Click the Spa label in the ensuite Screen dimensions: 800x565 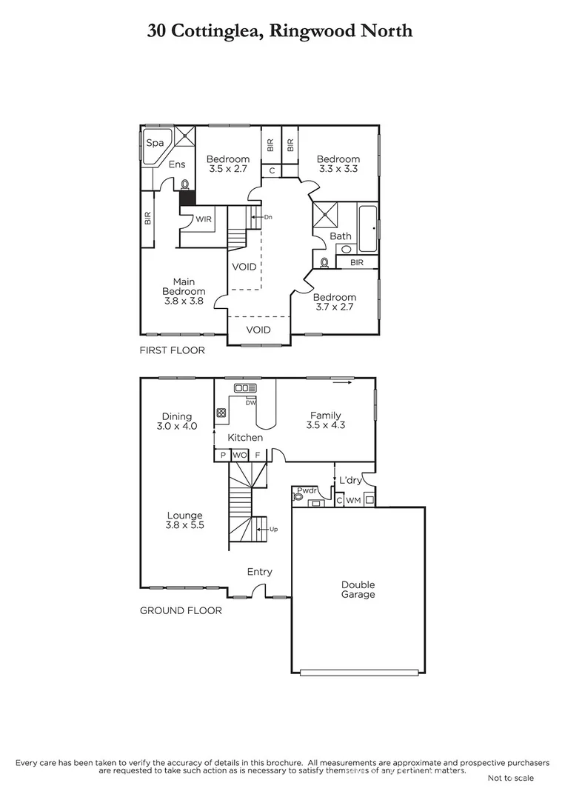tap(155, 143)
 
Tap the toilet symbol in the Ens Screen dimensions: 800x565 tap(184, 185)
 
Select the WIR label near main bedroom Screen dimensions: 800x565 tap(204, 219)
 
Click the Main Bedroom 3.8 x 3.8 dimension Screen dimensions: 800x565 tap(183, 301)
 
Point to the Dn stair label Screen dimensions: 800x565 tap(267, 217)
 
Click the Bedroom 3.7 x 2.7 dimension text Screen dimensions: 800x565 tap(335, 307)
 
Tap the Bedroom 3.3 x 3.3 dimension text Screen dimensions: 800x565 tap(338, 169)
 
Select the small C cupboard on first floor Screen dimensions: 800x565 tap(272, 171)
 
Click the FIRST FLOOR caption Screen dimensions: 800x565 tap(172, 350)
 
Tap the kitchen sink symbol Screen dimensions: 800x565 tap(244, 388)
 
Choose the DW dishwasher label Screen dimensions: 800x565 tap(250, 402)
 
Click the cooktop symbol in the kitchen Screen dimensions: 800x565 tap(221, 414)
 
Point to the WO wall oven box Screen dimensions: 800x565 tap(239, 456)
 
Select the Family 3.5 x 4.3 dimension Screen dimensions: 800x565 tap(326, 425)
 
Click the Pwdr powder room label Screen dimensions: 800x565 tap(307, 490)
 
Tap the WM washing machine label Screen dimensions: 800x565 tap(353, 501)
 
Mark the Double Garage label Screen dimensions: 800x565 tap(358, 589)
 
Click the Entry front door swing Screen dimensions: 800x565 tap(257, 591)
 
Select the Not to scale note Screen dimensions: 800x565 tap(510, 778)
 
